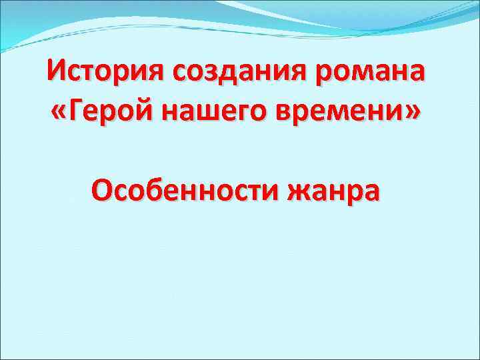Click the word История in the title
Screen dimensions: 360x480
107,70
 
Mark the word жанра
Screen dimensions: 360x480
333,191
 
